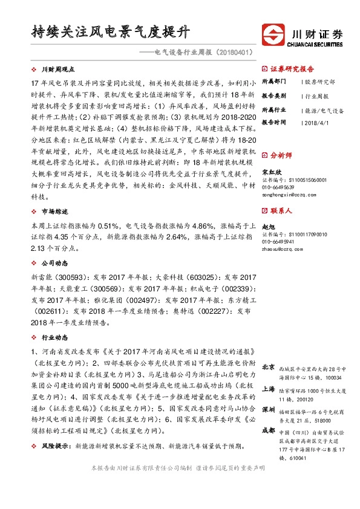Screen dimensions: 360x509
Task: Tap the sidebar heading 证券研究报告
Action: coord(292,69)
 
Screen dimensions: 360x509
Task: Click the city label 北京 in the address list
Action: coord(268,367)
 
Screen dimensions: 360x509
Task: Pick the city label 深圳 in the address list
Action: coord(268,410)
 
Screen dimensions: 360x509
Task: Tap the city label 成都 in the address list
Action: coord(268,430)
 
